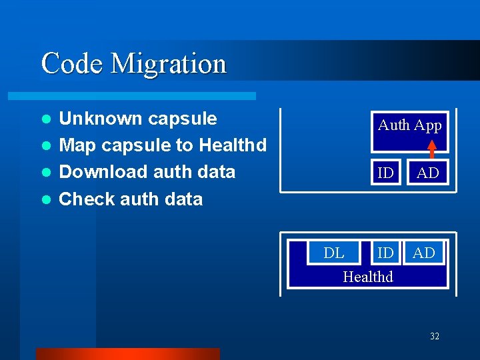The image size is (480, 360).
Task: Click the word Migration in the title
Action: tap(169, 64)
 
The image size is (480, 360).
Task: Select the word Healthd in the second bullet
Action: tap(233, 145)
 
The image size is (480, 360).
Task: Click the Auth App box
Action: tap(409, 125)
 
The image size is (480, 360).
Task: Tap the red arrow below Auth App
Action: tap(432, 149)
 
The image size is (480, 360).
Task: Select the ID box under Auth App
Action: tap(385, 173)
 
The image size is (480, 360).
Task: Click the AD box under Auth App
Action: tap(428, 173)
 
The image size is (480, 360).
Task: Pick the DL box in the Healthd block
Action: tap(333, 253)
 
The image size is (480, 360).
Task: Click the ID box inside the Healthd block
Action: tap(385, 253)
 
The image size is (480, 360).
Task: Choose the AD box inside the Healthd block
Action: tap(424, 253)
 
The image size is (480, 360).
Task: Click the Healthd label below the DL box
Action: tap(368, 277)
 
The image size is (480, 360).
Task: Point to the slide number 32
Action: tap(434, 336)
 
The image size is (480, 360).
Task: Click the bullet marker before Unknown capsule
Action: tap(46, 119)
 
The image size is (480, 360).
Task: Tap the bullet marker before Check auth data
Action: tap(46, 199)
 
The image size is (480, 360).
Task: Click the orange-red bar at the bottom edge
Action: tap(127, 354)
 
